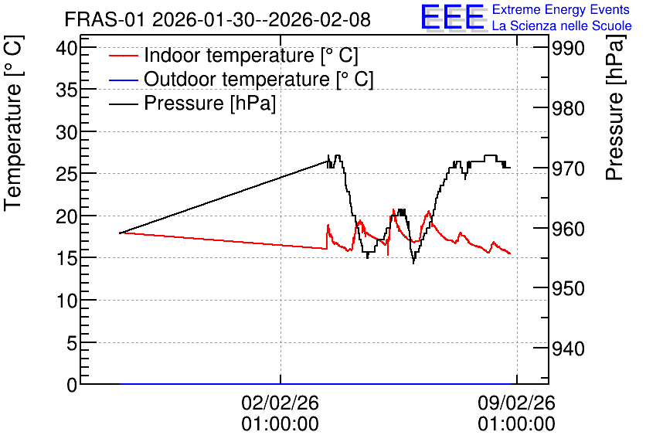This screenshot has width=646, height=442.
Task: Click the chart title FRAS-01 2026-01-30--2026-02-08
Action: [218, 19]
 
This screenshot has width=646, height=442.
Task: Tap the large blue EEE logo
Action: [453, 18]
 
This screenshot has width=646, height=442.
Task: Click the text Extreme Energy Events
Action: [561, 9]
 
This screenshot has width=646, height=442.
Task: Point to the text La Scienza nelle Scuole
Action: [562, 25]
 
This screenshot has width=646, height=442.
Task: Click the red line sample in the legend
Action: [123, 56]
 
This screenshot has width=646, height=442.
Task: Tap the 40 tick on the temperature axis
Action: [66, 48]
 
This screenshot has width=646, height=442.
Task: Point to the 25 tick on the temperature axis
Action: [66, 175]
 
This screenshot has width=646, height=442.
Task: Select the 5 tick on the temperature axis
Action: [72, 343]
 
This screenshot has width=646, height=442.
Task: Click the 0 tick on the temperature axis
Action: [72, 385]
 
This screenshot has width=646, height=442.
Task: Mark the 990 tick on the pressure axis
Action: [568, 49]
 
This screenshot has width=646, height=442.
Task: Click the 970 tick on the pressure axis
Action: [568, 168]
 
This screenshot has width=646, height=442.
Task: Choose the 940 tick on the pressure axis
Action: [568, 349]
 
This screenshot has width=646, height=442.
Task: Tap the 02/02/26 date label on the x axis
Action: [280, 403]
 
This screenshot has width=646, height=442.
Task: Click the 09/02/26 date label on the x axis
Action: [517, 403]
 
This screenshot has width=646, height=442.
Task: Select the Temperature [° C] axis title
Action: [13, 124]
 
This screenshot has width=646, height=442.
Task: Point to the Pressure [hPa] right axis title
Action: [615, 108]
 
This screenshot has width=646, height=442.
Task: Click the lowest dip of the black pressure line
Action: [413, 263]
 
